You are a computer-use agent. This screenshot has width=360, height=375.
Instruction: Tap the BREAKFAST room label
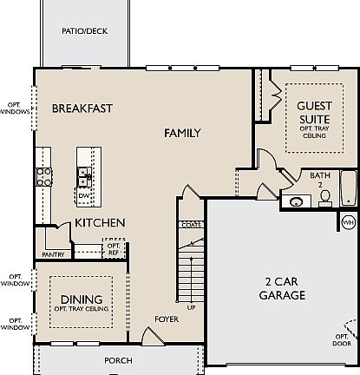coord(82,109)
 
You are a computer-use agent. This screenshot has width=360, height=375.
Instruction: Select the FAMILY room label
coord(182,134)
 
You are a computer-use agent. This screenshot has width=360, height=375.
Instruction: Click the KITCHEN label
coord(100,223)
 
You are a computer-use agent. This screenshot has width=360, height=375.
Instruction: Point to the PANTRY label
coord(53,255)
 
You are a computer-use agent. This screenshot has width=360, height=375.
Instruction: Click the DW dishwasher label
coord(84,196)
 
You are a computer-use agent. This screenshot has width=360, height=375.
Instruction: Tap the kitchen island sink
coord(84,177)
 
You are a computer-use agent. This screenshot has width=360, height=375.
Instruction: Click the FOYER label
coord(167,319)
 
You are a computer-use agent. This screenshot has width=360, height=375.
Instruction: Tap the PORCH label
coord(118,359)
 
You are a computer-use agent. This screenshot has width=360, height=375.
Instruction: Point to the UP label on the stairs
coord(191,307)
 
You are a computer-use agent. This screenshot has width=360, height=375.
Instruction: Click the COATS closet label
coord(191,224)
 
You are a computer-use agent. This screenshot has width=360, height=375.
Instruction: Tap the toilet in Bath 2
coord(325,199)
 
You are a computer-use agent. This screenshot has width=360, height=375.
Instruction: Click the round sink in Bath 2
coord(297,202)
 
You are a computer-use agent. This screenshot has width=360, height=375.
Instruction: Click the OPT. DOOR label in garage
coord(344,338)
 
